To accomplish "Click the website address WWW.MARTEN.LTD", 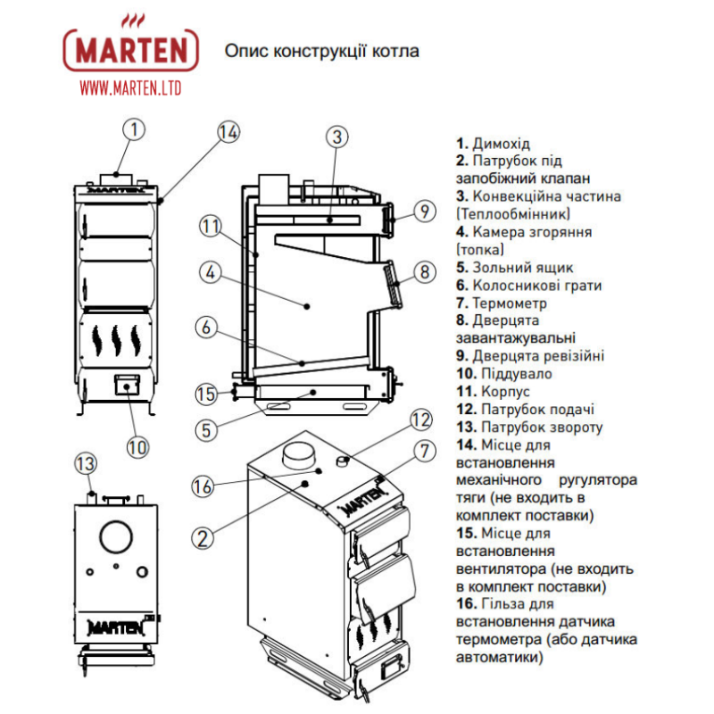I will (129, 87).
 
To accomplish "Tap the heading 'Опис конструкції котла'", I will (322, 51).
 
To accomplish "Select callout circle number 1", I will (133, 130).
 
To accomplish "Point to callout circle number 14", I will (228, 131).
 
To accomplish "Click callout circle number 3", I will (336, 137).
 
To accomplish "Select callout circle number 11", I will (210, 226).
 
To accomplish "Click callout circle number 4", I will (210, 273).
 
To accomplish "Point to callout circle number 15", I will (206, 394).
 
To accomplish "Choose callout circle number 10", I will (136, 444).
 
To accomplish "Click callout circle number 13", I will (85, 463).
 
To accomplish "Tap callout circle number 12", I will (420, 419).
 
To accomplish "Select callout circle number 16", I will (203, 486).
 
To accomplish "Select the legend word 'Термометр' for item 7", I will (509, 303).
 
